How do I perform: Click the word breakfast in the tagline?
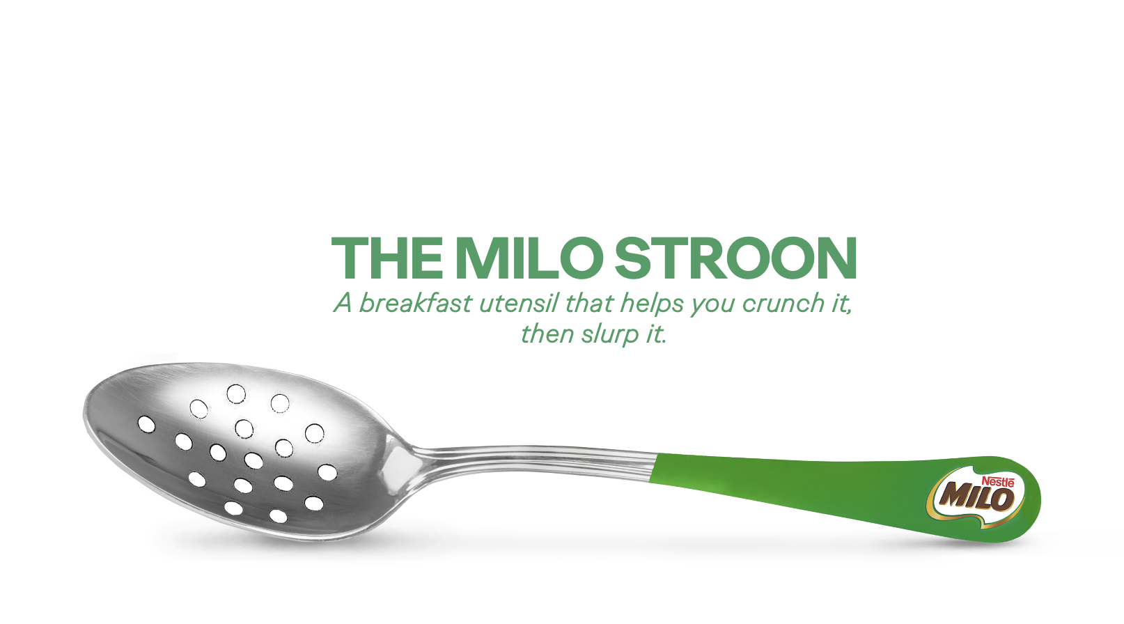pos(416,303)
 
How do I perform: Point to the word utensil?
pos(519,303)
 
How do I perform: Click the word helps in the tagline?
pos(652,304)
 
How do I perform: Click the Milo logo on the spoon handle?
pos(976,497)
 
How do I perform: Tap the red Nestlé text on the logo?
pos(998,481)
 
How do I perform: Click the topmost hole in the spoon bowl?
pos(236,394)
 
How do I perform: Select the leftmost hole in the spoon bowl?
pos(146,424)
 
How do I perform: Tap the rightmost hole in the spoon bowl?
pos(327,472)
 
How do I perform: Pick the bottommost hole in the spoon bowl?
pos(278,515)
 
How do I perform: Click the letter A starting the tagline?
pos(343,303)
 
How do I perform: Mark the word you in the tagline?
pos(713,306)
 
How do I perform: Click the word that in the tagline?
pos(589,303)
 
